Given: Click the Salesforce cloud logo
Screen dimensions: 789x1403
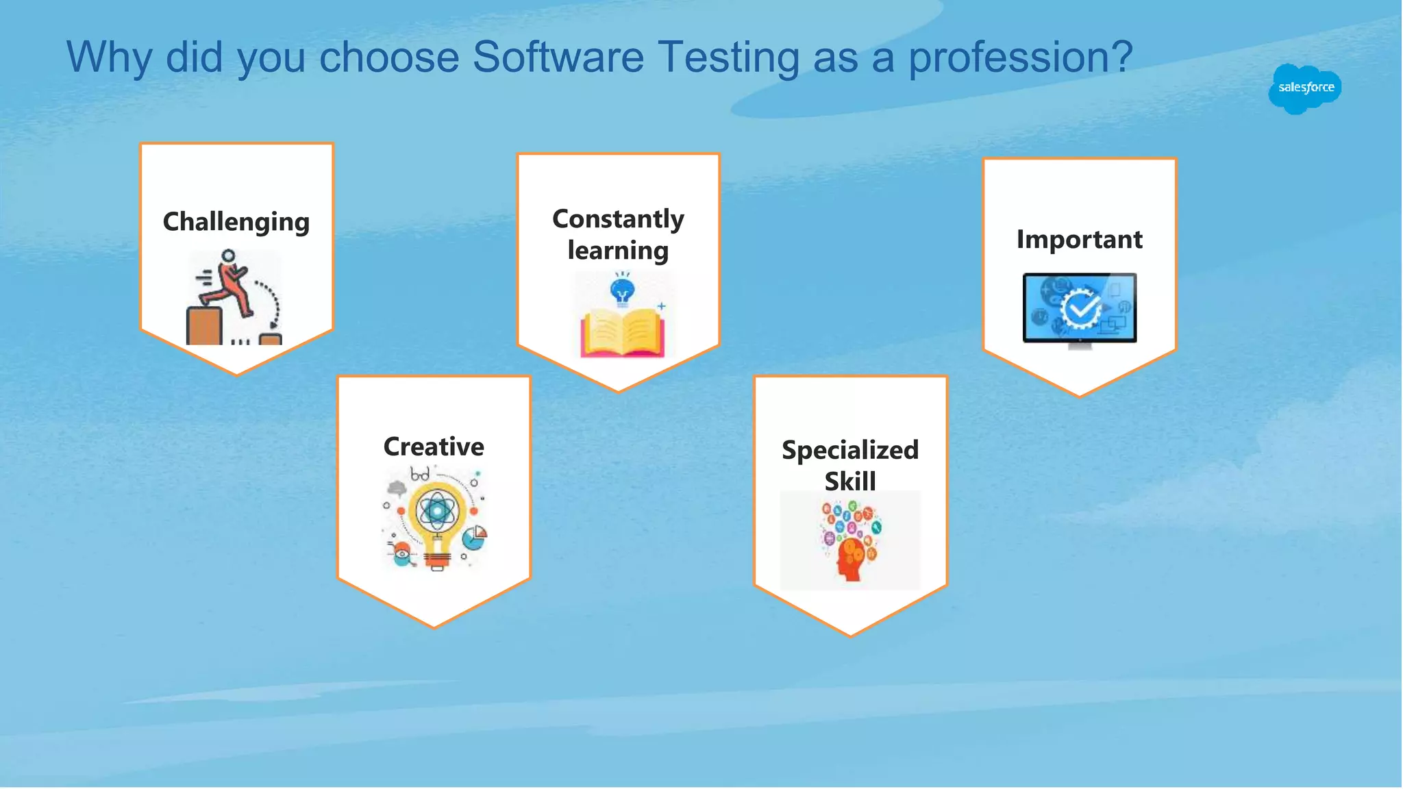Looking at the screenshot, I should click(x=1305, y=88).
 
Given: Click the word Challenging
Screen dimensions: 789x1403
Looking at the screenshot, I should click(x=236, y=222).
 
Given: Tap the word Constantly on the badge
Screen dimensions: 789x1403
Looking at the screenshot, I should click(x=618, y=219).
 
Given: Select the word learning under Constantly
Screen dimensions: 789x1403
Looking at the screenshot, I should click(x=618, y=251).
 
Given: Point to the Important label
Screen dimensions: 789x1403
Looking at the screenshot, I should click(x=1079, y=240).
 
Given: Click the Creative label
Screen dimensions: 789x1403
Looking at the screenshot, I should click(x=434, y=447).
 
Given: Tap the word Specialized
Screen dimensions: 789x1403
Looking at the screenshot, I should click(x=849, y=450).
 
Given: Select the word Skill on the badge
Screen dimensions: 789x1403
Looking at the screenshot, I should click(x=849, y=481).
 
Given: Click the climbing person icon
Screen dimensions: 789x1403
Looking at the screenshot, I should click(x=229, y=288).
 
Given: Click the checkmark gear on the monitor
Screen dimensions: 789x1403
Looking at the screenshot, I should click(x=1080, y=309).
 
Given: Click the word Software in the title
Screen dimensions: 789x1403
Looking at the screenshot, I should click(x=558, y=57).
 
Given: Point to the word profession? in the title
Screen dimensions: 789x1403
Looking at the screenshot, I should click(x=1020, y=57).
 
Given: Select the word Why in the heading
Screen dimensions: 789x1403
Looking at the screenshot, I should click(x=109, y=57).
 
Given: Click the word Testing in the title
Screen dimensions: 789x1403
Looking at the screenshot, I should click(x=728, y=57).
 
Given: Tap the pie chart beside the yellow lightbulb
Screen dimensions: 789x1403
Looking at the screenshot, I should click(x=474, y=538).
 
